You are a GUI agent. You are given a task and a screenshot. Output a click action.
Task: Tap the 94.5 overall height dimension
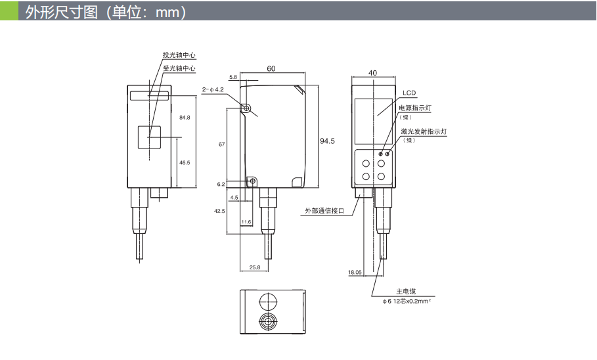click(x=327, y=141)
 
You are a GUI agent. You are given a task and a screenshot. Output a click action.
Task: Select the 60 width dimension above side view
click(x=271, y=68)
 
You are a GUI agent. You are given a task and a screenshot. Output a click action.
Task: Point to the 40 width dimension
click(x=373, y=73)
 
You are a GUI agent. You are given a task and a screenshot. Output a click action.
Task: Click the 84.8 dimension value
click(x=185, y=117)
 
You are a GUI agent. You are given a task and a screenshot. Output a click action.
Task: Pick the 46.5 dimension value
click(x=185, y=162)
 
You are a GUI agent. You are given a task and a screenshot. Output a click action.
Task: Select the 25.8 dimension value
click(x=255, y=267)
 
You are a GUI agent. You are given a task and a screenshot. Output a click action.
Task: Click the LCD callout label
click(x=409, y=93)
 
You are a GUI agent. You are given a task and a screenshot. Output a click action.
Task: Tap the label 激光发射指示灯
click(x=424, y=131)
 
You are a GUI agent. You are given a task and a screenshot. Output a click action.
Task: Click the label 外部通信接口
click(x=324, y=211)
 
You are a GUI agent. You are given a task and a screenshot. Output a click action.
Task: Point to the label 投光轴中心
click(x=179, y=55)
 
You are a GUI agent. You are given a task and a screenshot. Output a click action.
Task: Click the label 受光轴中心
click(x=179, y=68)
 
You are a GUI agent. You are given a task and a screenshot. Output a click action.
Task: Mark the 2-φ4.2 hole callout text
click(x=213, y=89)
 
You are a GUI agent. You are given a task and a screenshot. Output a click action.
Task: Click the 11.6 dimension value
click(x=246, y=222)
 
